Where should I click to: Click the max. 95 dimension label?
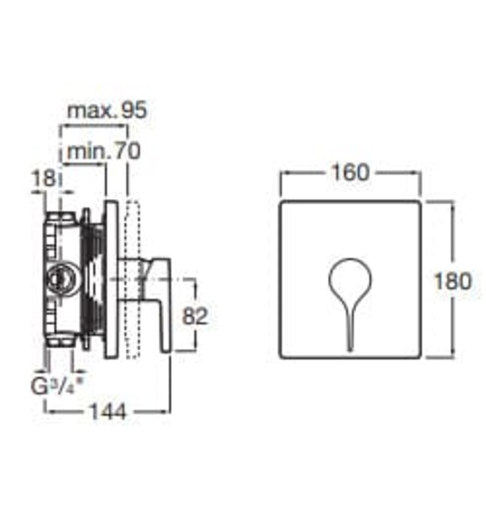pos(106,111)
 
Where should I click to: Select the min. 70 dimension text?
pos(103,151)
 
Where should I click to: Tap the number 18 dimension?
pos(43,180)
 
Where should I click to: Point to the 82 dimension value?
pos(194,317)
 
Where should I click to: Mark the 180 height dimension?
pos(453,281)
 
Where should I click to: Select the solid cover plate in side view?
pos(111,279)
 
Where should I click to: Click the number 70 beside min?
pos(127,151)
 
